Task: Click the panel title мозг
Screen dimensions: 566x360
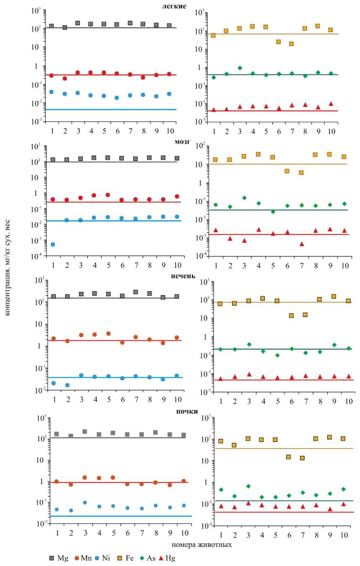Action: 183,142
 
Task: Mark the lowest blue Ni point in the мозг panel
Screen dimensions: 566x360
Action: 53,244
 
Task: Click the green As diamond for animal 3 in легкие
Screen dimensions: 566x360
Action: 240,68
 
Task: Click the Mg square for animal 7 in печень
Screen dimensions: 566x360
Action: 136,292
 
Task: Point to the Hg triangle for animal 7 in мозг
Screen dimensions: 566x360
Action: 301,244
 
